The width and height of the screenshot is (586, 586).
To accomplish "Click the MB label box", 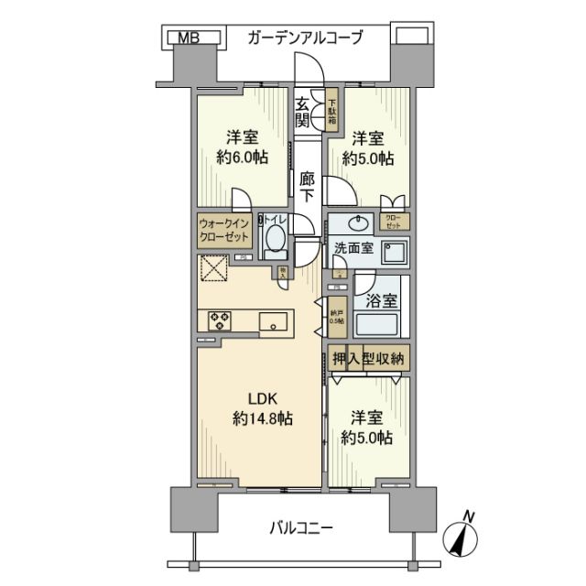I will (x=188, y=38).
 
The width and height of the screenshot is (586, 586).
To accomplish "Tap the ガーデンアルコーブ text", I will (x=306, y=38).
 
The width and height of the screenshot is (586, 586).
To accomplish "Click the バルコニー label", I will (x=301, y=528).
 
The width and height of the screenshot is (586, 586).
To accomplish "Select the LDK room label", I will (x=259, y=398).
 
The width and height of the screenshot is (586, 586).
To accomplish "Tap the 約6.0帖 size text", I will (x=243, y=157).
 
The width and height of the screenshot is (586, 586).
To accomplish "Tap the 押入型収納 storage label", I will (x=368, y=358).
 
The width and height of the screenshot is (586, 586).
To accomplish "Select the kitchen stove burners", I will (x=221, y=320).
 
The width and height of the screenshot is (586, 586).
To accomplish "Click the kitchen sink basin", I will (x=273, y=321).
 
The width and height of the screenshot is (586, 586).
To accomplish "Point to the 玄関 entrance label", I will (x=302, y=114).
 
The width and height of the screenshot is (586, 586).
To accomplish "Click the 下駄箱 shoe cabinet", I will (x=331, y=111).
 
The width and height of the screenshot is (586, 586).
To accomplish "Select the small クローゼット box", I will (x=396, y=222).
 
